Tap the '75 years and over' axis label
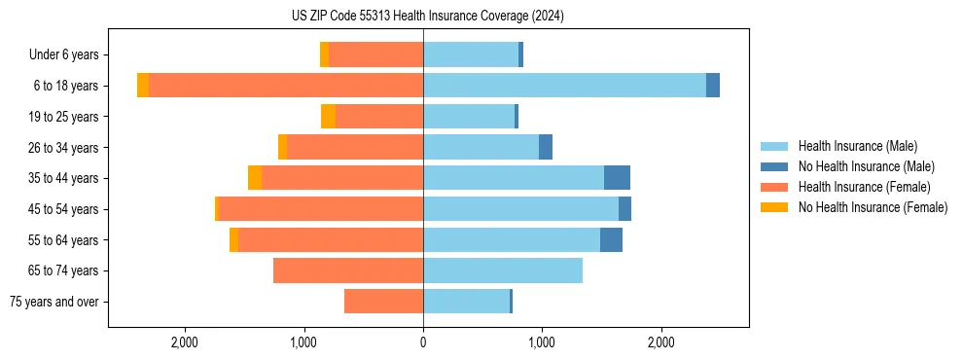click(x=53, y=302)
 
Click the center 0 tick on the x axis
click(x=423, y=342)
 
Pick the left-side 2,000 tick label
click(x=185, y=342)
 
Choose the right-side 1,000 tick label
click(x=542, y=342)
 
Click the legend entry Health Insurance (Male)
click(x=857, y=146)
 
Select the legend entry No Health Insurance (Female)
click(x=873, y=207)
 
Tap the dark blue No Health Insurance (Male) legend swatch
click(x=775, y=166)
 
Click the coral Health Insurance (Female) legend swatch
click(x=775, y=187)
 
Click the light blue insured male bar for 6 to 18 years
click(x=564, y=86)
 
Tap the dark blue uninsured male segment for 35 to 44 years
click(x=617, y=178)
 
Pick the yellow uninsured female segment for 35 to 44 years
click(x=255, y=178)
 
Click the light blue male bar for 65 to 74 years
click(x=503, y=270)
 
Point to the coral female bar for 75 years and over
click(x=383, y=302)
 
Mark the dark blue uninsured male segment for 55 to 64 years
click(x=611, y=239)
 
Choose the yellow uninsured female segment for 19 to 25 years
click(x=329, y=117)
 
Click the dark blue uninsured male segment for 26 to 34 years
click(x=546, y=147)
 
